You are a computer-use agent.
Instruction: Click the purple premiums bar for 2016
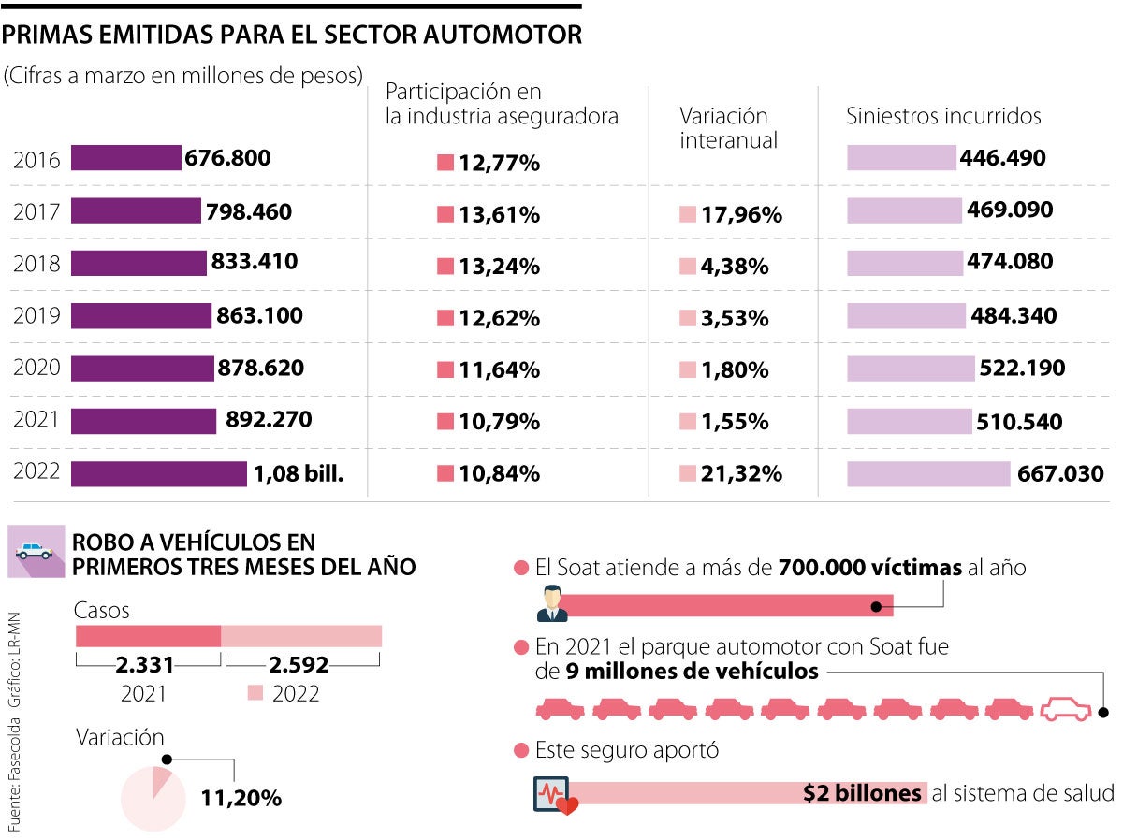pyautogui.click(x=125, y=158)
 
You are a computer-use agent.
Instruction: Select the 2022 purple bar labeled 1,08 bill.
pyautogui.click(x=159, y=474)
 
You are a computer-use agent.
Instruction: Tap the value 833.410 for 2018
pyautogui.click(x=255, y=262)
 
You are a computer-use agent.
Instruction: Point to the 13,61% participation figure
pyautogui.click(x=499, y=215)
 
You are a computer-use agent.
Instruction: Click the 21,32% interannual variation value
pyautogui.click(x=740, y=474)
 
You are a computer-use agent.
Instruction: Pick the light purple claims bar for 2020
pyautogui.click(x=910, y=369)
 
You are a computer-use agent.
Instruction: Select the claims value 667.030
pyautogui.click(x=1060, y=474)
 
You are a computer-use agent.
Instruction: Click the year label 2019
pyautogui.click(x=36, y=316)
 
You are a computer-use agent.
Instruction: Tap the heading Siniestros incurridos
pyautogui.click(x=943, y=116)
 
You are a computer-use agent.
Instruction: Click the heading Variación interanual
pyautogui.click(x=728, y=128)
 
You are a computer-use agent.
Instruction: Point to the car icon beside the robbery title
pyautogui.click(x=36, y=553)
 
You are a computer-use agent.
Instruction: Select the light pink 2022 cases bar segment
pyautogui.click(x=301, y=636)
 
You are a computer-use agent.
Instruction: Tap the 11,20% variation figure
pyautogui.click(x=241, y=799)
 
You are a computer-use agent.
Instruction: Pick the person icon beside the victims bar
pyautogui.click(x=552, y=604)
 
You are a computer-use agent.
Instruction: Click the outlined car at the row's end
pyautogui.click(x=1067, y=709)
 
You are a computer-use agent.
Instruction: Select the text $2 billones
pyautogui.click(x=862, y=793)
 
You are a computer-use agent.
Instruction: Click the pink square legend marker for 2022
pyautogui.click(x=255, y=693)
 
